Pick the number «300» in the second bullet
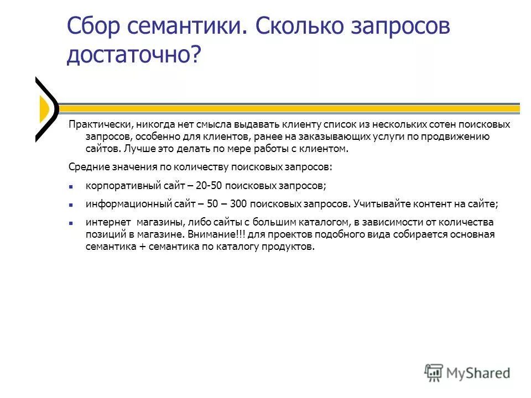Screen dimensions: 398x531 [x=238, y=204]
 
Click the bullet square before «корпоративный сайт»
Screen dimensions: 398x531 [x=71, y=186]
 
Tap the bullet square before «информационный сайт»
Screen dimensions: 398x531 [x=71, y=205]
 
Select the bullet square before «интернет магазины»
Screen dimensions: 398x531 [x=71, y=223]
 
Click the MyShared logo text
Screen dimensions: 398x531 [x=478, y=373]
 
